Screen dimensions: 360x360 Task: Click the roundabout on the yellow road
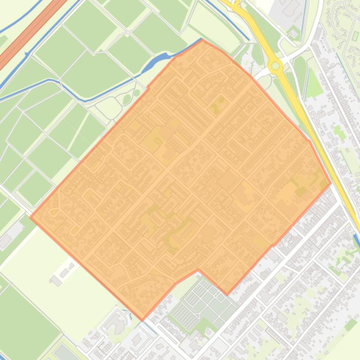[275, 66]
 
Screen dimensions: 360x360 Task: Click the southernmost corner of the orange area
[143, 320]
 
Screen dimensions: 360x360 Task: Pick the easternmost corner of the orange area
[331, 183]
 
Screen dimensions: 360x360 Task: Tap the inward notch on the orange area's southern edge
[198, 270]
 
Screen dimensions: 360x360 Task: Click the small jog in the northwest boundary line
[148, 87]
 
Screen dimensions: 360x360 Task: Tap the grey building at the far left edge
[6, 241]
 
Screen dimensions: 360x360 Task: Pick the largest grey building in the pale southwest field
[56, 281]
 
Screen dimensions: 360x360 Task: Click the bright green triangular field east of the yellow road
[315, 87]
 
